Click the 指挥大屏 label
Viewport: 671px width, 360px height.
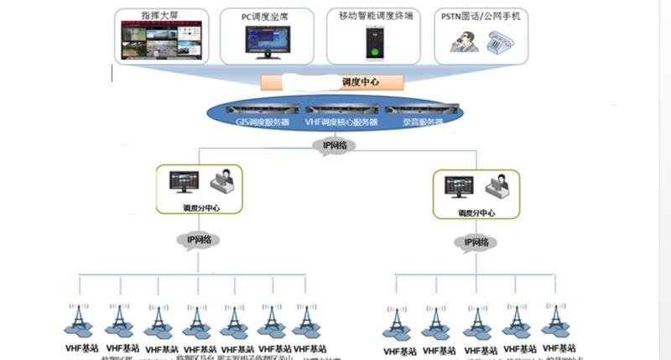pos(160,15)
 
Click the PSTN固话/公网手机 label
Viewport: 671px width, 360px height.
pos(481,15)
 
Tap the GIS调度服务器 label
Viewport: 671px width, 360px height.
pos(263,123)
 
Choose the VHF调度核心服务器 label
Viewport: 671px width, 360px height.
pos(341,123)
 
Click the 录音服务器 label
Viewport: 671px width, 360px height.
pos(421,123)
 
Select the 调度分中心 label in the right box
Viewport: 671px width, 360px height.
pos(476,213)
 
